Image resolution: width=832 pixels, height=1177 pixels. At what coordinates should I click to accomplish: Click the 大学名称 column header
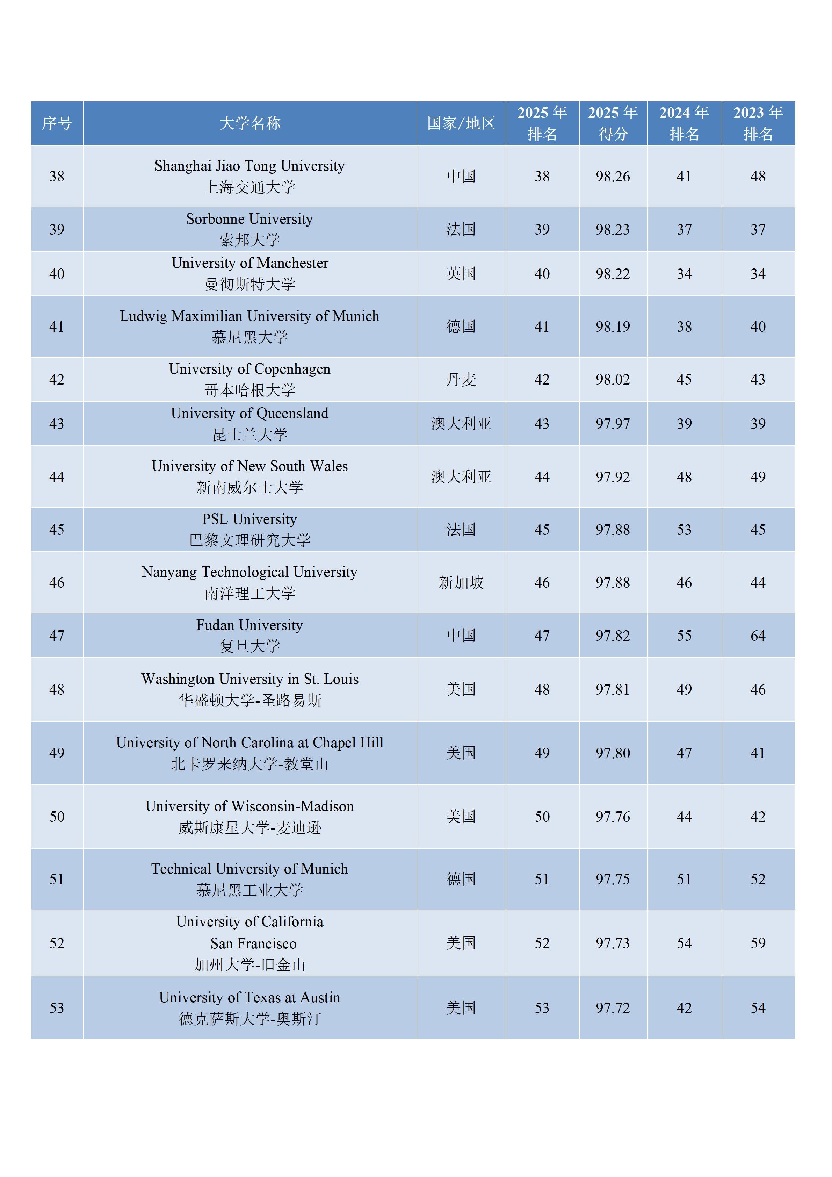(249, 123)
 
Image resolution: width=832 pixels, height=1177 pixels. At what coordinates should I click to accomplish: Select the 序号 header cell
(57, 123)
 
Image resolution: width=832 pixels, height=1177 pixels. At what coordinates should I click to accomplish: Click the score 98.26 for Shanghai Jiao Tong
(613, 176)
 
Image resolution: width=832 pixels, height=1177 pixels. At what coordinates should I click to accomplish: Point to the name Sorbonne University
(249, 219)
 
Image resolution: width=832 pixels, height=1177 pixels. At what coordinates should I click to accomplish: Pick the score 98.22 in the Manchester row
(613, 274)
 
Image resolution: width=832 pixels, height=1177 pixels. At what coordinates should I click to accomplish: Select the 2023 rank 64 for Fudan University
(758, 636)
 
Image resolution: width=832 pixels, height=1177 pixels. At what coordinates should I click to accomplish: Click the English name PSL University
(249, 519)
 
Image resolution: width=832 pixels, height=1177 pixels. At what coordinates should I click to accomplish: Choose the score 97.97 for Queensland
(613, 424)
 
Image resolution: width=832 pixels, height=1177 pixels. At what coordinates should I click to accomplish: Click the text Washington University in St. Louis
(249, 679)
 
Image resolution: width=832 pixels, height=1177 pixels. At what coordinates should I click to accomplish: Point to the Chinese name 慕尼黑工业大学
(249, 890)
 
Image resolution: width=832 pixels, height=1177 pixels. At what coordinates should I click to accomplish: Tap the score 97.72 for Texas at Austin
(613, 1008)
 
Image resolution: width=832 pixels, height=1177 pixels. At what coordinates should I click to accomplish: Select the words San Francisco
(253, 943)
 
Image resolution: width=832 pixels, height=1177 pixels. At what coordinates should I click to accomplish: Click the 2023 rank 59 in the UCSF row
(758, 943)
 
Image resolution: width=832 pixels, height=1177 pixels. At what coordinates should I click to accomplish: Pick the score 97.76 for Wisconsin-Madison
(613, 817)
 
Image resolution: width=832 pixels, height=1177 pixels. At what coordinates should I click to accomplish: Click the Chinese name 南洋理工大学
(249, 593)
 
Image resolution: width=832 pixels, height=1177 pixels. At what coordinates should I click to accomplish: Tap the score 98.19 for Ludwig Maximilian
(613, 326)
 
